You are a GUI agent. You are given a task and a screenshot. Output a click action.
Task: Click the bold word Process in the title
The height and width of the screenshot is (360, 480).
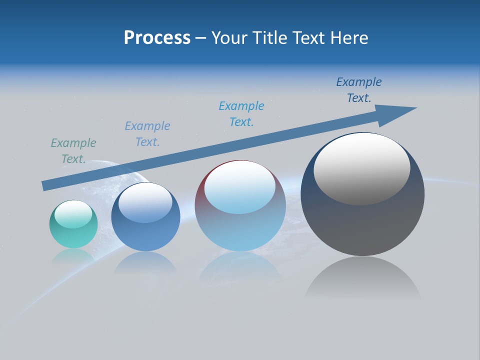(157, 38)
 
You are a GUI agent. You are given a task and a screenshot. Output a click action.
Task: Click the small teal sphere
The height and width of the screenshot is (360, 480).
(73, 232)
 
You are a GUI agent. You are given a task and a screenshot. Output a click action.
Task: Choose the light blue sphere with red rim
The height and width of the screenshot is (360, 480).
(240, 230)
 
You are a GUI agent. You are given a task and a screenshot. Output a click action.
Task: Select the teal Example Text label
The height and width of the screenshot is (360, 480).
(73, 150)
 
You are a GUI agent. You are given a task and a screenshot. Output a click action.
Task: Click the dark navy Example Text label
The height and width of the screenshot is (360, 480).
(359, 90)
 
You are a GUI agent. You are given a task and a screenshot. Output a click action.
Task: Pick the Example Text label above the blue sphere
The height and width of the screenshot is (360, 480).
(147, 133)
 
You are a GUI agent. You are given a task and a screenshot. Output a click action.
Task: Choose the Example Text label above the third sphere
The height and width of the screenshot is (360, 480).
(241, 113)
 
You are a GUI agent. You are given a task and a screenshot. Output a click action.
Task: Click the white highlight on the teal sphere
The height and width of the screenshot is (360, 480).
(73, 214)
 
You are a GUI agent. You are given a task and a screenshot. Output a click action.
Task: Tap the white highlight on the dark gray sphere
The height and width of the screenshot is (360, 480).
(362, 169)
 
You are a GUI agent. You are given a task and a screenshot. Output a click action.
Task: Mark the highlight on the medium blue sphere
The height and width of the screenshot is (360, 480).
(145, 202)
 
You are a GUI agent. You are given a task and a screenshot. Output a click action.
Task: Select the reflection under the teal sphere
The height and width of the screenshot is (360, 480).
(73, 256)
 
